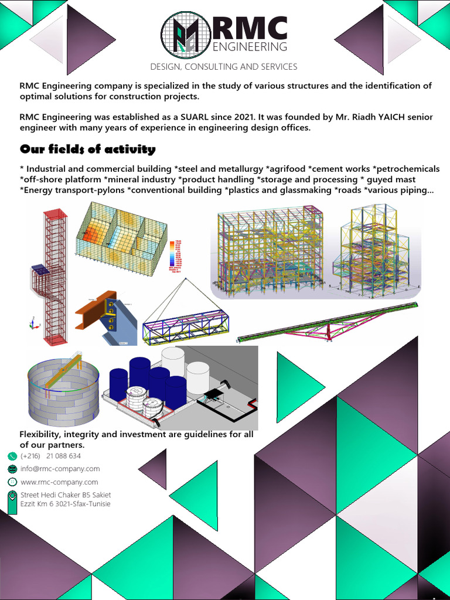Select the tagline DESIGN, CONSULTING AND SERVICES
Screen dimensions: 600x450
click(224, 67)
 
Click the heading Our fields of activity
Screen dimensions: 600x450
click(87, 149)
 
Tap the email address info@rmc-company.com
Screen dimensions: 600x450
click(60, 469)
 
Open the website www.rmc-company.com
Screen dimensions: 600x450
click(59, 482)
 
